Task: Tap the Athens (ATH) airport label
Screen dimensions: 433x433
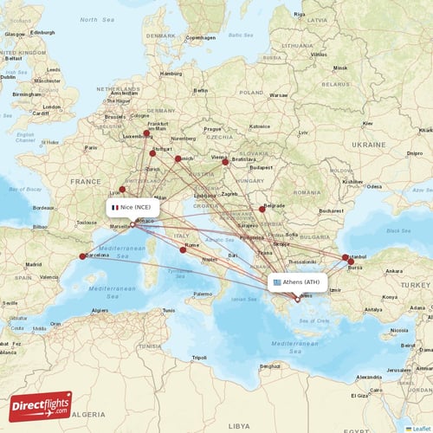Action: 297,282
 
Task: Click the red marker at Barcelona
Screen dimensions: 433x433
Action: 82,256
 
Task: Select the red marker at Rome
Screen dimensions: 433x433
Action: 183,249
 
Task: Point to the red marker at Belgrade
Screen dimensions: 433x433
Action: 262,209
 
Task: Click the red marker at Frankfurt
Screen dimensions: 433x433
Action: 147,133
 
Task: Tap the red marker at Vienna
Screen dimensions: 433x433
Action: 225,161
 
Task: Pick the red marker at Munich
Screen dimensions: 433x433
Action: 178,158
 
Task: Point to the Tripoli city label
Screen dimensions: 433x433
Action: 199,357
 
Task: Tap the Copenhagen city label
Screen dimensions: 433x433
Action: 200,37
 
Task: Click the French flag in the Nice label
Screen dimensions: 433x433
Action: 115,208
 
